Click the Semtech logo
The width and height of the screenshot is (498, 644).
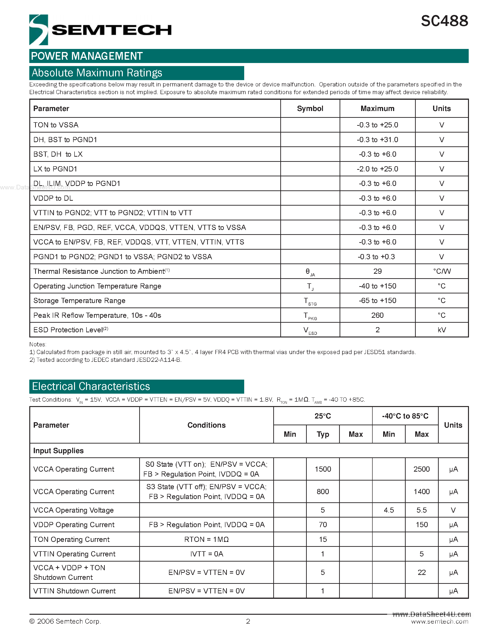pyautogui.click(x=100, y=30)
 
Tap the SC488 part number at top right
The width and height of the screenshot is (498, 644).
pyautogui.click(x=444, y=21)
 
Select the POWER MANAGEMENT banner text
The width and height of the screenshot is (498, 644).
pyautogui.click(x=87, y=56)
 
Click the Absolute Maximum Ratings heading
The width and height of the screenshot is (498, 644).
pyautogui.click(x=97, y=73)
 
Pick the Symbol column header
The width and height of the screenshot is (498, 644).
pyautogui.click(x=310, y=108)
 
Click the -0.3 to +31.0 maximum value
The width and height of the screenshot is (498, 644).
pyautogui.click(x=377, y=140)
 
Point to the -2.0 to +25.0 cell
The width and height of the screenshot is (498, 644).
pyautogui.click(x=377, y=169)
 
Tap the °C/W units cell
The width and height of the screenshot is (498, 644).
pyautogui.click(x=441, y=271)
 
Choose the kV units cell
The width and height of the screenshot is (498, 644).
pyautogui.click(x=441, y=330)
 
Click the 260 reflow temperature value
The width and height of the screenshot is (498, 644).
pyautogui.click(x=377, y=315)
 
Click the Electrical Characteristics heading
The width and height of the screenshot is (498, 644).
pyautogui.click(x=91, y=386)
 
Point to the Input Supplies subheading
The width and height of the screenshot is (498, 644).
pyautogui.click(x=58, y=451)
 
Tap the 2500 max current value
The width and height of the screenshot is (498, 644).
pyautogui.click(x=421, y=469)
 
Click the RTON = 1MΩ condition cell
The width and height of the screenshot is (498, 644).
pyautogui.click(x=206, y=539)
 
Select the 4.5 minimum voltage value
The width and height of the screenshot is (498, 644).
pyautogui.click(x=389, y=510)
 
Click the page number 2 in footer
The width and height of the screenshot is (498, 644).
pyautogui.click(x=248, y=621)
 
